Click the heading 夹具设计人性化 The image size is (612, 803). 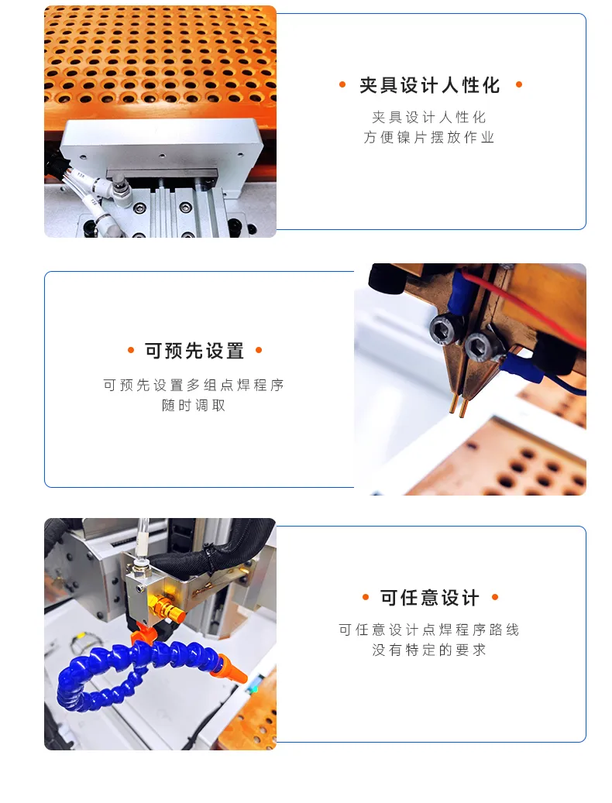429,85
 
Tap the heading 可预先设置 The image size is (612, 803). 194,351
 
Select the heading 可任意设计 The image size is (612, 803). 429,598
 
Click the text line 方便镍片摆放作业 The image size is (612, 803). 428,137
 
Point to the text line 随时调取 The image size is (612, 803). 194,406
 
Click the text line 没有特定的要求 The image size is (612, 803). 428,650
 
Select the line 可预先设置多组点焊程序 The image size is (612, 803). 194,385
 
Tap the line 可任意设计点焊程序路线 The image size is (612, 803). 428,630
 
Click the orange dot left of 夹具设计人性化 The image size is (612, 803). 342,85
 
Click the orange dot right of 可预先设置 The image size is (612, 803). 259,350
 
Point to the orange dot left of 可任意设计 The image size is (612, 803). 365,597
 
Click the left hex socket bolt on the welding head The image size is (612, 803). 444,328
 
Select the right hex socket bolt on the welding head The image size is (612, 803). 480,347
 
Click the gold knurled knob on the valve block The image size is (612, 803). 168,609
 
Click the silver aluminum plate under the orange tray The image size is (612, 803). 159,149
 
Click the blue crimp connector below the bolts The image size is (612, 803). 520,368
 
